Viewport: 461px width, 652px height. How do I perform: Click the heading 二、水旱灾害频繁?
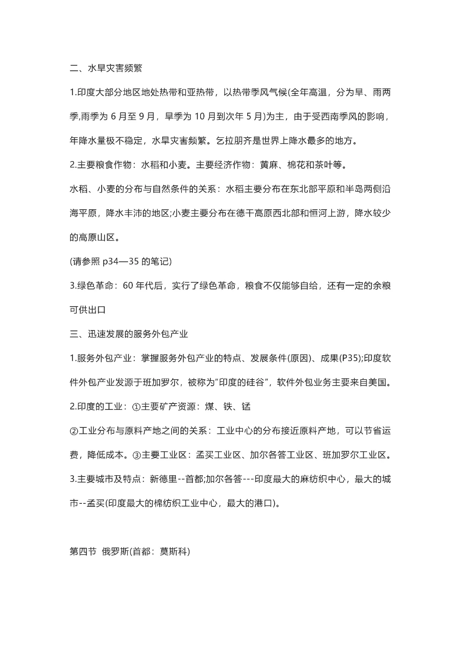106,68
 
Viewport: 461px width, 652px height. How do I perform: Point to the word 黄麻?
269,165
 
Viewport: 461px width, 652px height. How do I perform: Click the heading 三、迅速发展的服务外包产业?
129,334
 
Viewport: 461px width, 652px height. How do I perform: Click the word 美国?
382,383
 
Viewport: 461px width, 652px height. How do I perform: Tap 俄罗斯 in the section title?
115,552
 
